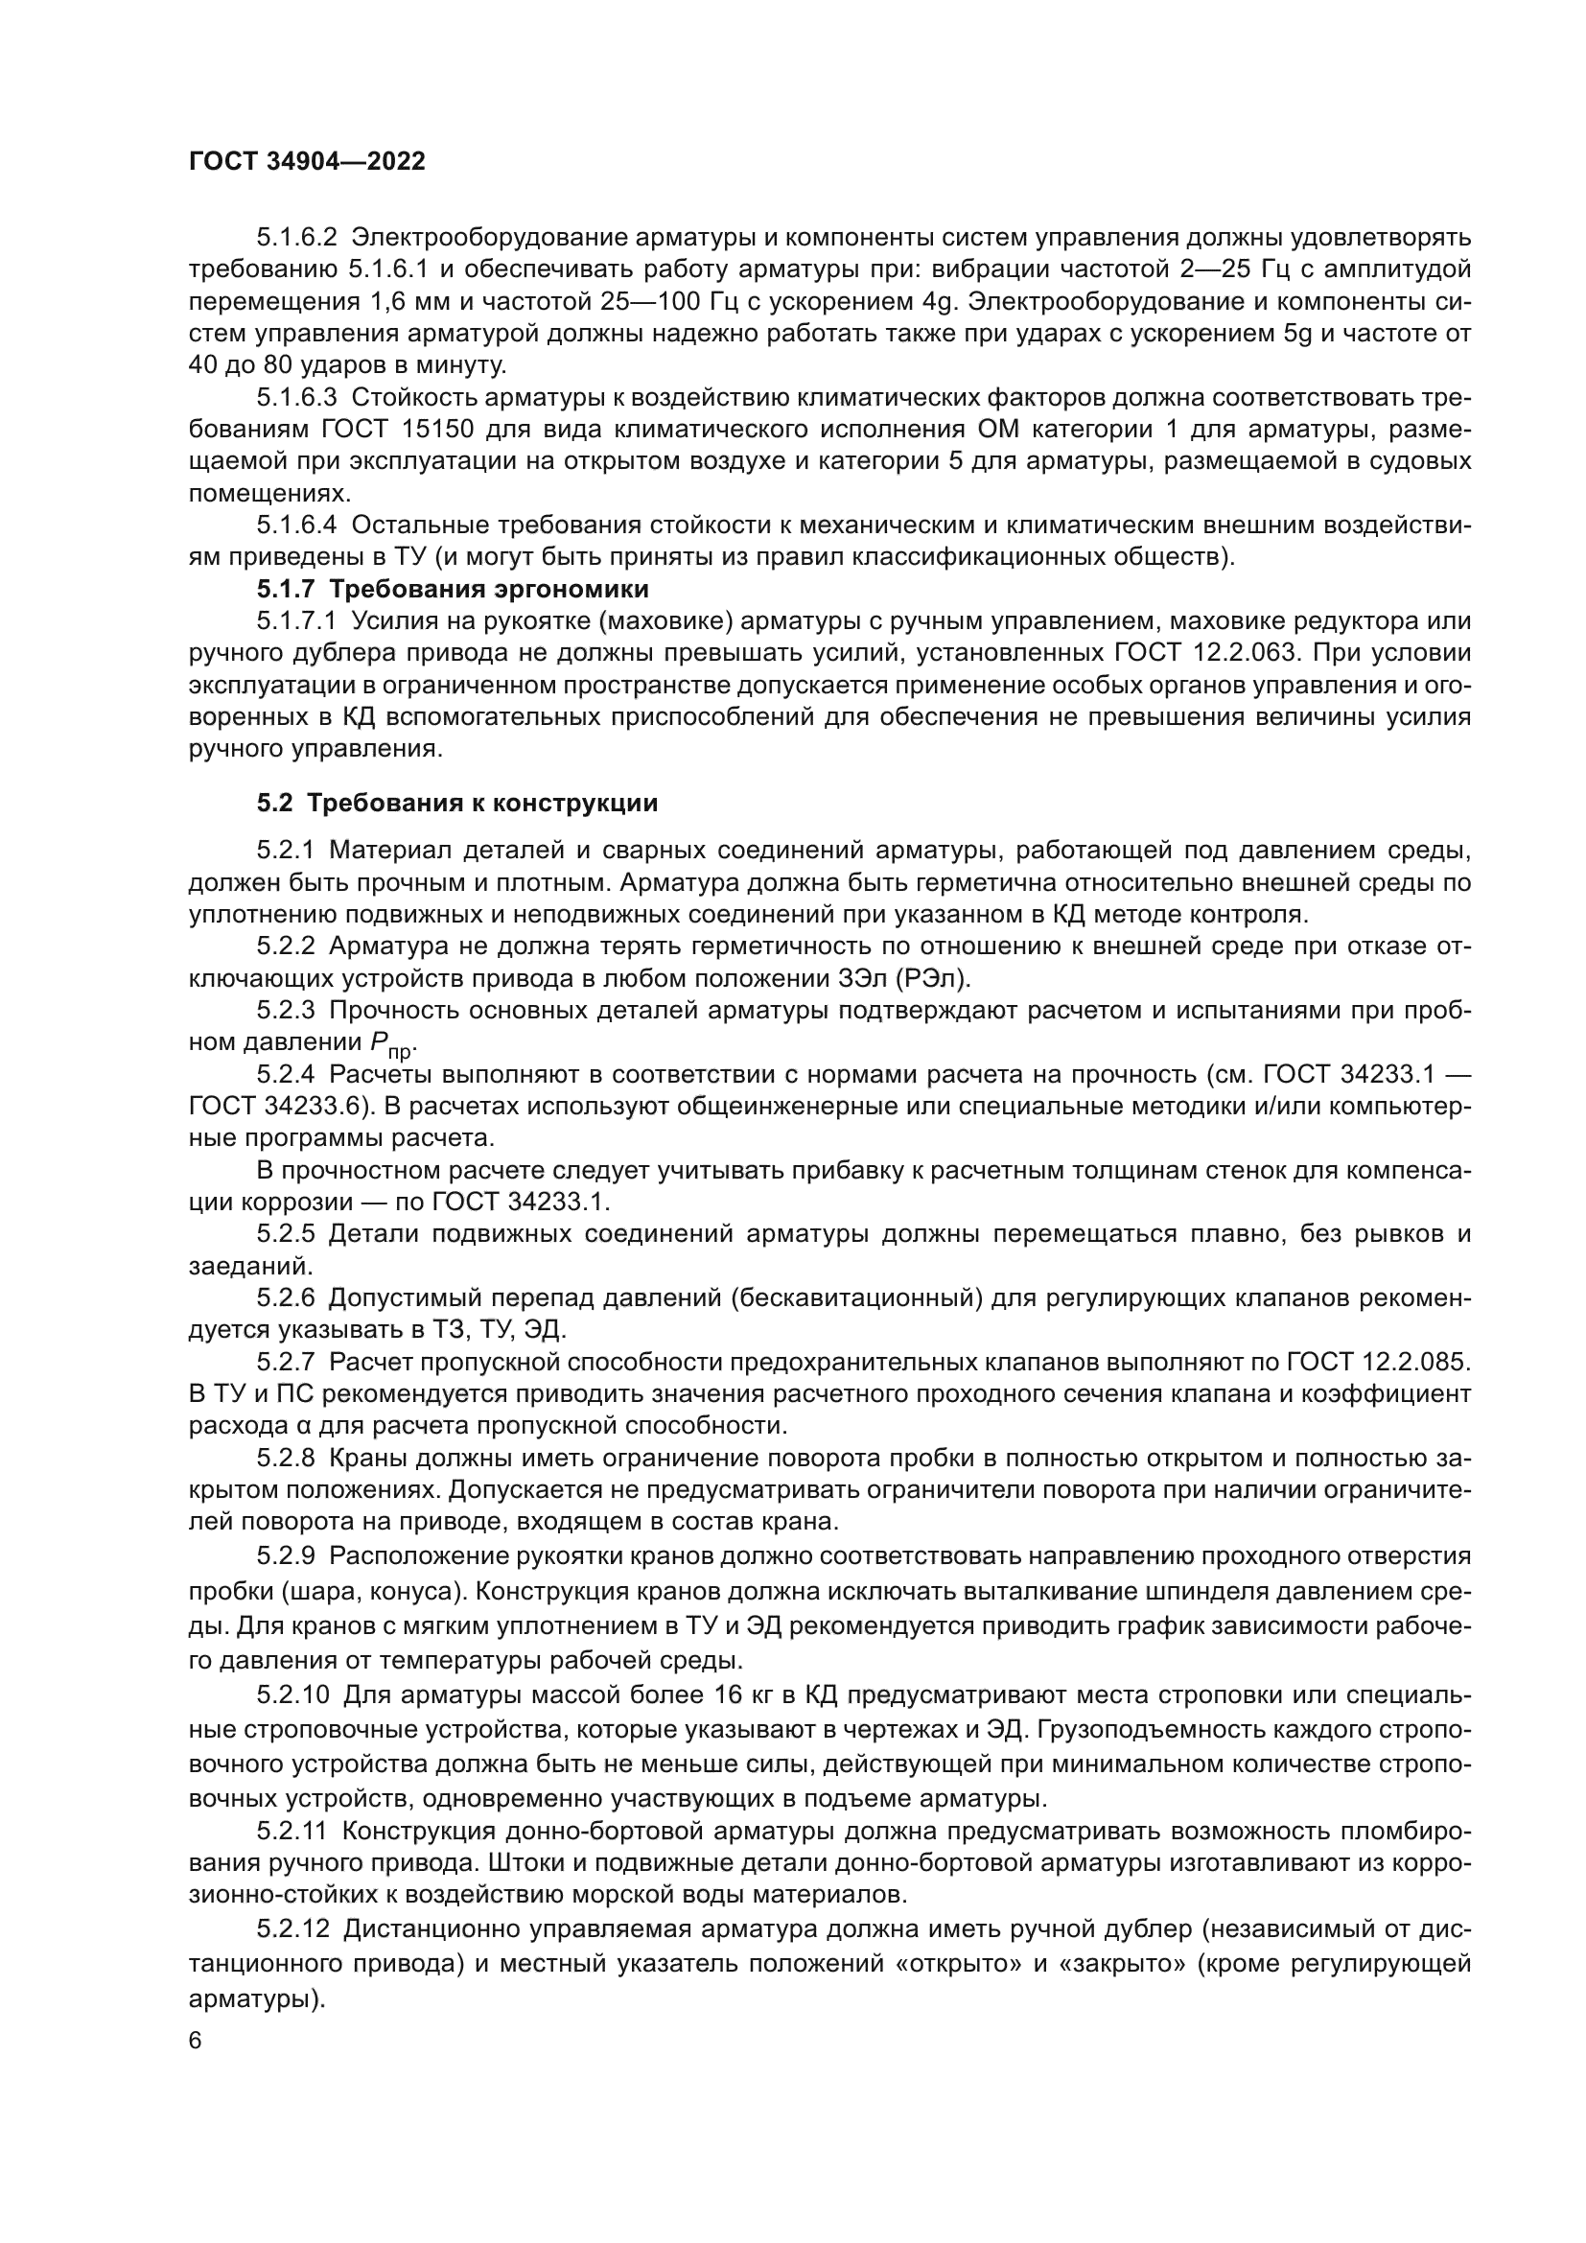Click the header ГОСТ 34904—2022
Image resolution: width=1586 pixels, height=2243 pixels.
pyautogui.click(x=307, y=162)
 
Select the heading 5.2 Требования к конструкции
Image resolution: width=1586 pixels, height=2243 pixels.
pyautogui.click(x=457, y=803)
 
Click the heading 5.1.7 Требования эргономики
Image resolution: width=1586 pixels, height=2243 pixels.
pyautogui.click(x=454, y=589)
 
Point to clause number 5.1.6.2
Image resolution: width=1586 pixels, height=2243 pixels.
pyautogui.click(x=297, y=238)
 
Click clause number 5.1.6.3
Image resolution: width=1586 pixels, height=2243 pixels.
pyautogui.click(x=297, y=398)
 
